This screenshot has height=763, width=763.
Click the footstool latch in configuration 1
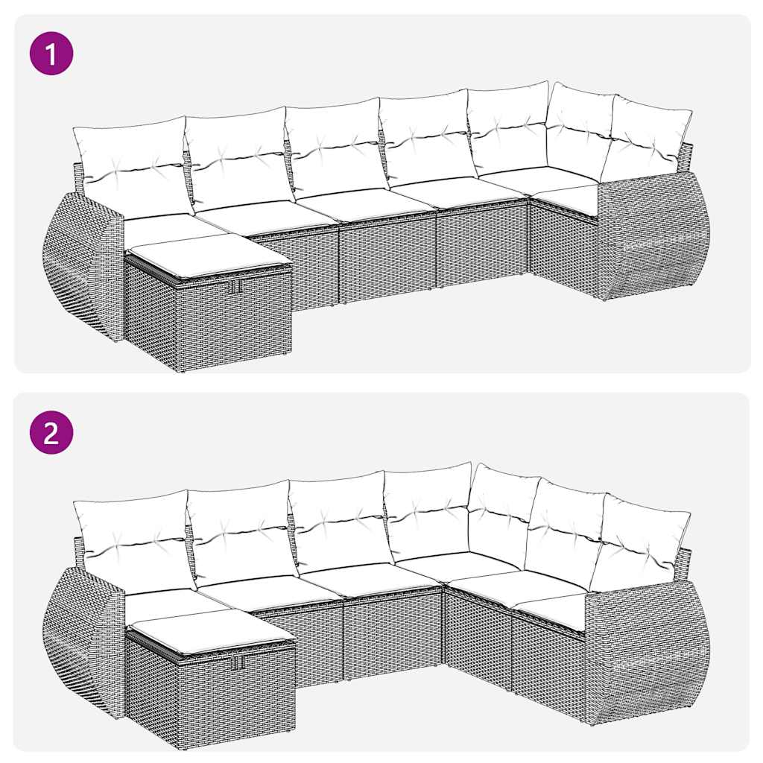pyautogui.click(x=235, y=286)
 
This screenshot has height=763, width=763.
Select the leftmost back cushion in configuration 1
pyautogui.click(x=130, y=164)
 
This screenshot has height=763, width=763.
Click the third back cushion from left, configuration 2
pyautogui.click(x=339, y=522)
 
